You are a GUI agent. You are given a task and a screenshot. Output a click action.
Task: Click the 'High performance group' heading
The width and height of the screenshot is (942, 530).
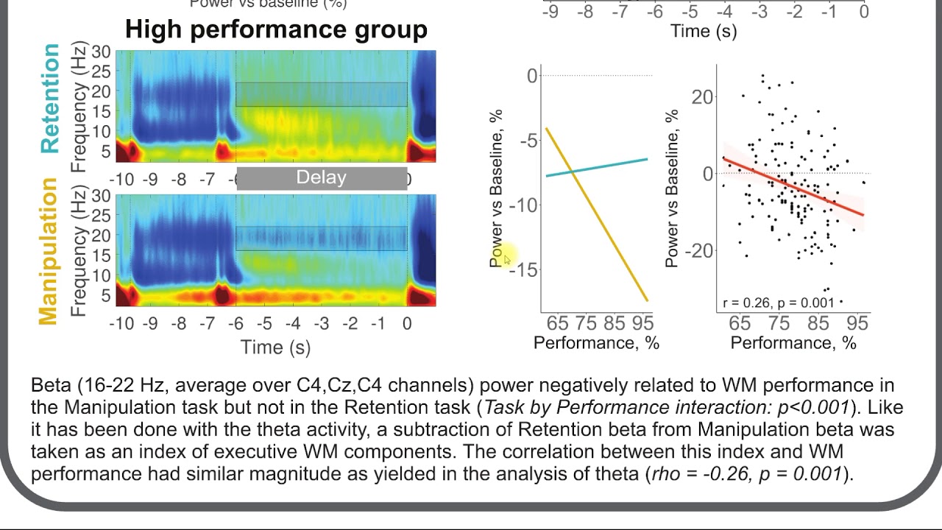(276, 29)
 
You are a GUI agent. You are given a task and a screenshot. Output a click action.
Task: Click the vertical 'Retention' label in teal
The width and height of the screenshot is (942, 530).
(50, 99)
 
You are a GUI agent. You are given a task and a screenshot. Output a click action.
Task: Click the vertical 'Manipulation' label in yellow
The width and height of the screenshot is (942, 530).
(47, 251)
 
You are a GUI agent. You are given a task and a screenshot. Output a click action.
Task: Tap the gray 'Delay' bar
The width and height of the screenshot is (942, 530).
(321, 178)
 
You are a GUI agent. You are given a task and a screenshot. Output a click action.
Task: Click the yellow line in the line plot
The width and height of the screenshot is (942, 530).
(596, 213)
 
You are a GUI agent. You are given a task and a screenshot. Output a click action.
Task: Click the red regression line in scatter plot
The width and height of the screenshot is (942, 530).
(795, 187)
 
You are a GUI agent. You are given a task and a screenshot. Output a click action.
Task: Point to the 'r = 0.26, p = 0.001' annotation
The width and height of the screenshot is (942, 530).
(778, 303)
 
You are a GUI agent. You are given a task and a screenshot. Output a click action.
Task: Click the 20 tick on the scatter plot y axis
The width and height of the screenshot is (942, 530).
(704, 97)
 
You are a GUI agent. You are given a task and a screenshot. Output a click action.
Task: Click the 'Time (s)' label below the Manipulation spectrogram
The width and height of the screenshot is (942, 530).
(275, 347)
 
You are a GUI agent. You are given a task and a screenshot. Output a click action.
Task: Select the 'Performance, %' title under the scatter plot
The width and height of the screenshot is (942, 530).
(793, 342)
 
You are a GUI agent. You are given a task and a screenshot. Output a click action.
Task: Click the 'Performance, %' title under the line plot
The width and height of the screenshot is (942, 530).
(596, 342)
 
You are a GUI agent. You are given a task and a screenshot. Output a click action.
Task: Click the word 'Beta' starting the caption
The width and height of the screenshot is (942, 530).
(48, 386)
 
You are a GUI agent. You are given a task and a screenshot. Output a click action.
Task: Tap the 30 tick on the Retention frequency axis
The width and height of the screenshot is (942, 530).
(99, 52)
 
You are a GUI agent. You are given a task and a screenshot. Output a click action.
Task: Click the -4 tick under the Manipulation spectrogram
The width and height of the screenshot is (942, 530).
(293, 324)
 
